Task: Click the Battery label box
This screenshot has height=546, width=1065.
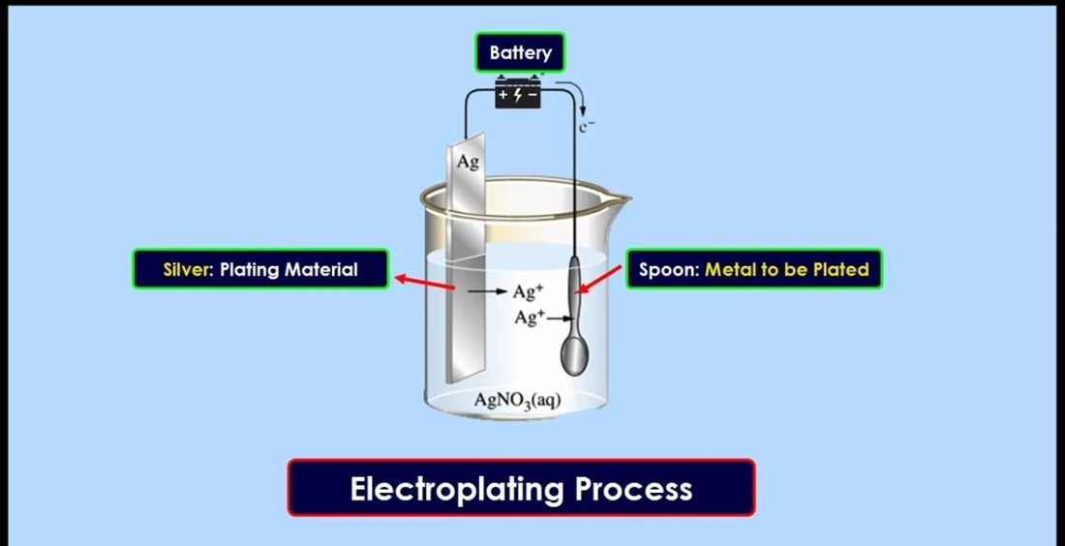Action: pos(520,52)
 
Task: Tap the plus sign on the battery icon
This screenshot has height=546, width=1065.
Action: pos(503,95)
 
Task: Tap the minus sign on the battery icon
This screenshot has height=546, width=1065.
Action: pos(532,95)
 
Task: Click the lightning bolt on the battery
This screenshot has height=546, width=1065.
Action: pos(518,95)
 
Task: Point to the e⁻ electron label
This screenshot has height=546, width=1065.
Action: pos(586,126)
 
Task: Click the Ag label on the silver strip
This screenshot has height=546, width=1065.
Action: pos(468,162)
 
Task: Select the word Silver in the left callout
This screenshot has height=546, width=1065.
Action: pos(188,269)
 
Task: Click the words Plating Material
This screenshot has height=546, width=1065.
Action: pos(289,269)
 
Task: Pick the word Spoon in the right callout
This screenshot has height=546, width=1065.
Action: pos(669,269)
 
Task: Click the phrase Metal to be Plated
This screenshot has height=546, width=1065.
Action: pos(786,269)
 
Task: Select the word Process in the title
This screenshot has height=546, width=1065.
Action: pos(633,488)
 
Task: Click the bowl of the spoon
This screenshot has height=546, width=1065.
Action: pos(574,351)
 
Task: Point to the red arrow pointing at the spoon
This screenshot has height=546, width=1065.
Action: pos(598,280)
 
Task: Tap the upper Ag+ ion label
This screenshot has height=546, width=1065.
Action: pos(528,292)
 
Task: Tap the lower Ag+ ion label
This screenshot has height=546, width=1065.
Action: pos(529,317)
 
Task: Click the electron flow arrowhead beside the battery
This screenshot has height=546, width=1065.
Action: pos(582,110)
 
